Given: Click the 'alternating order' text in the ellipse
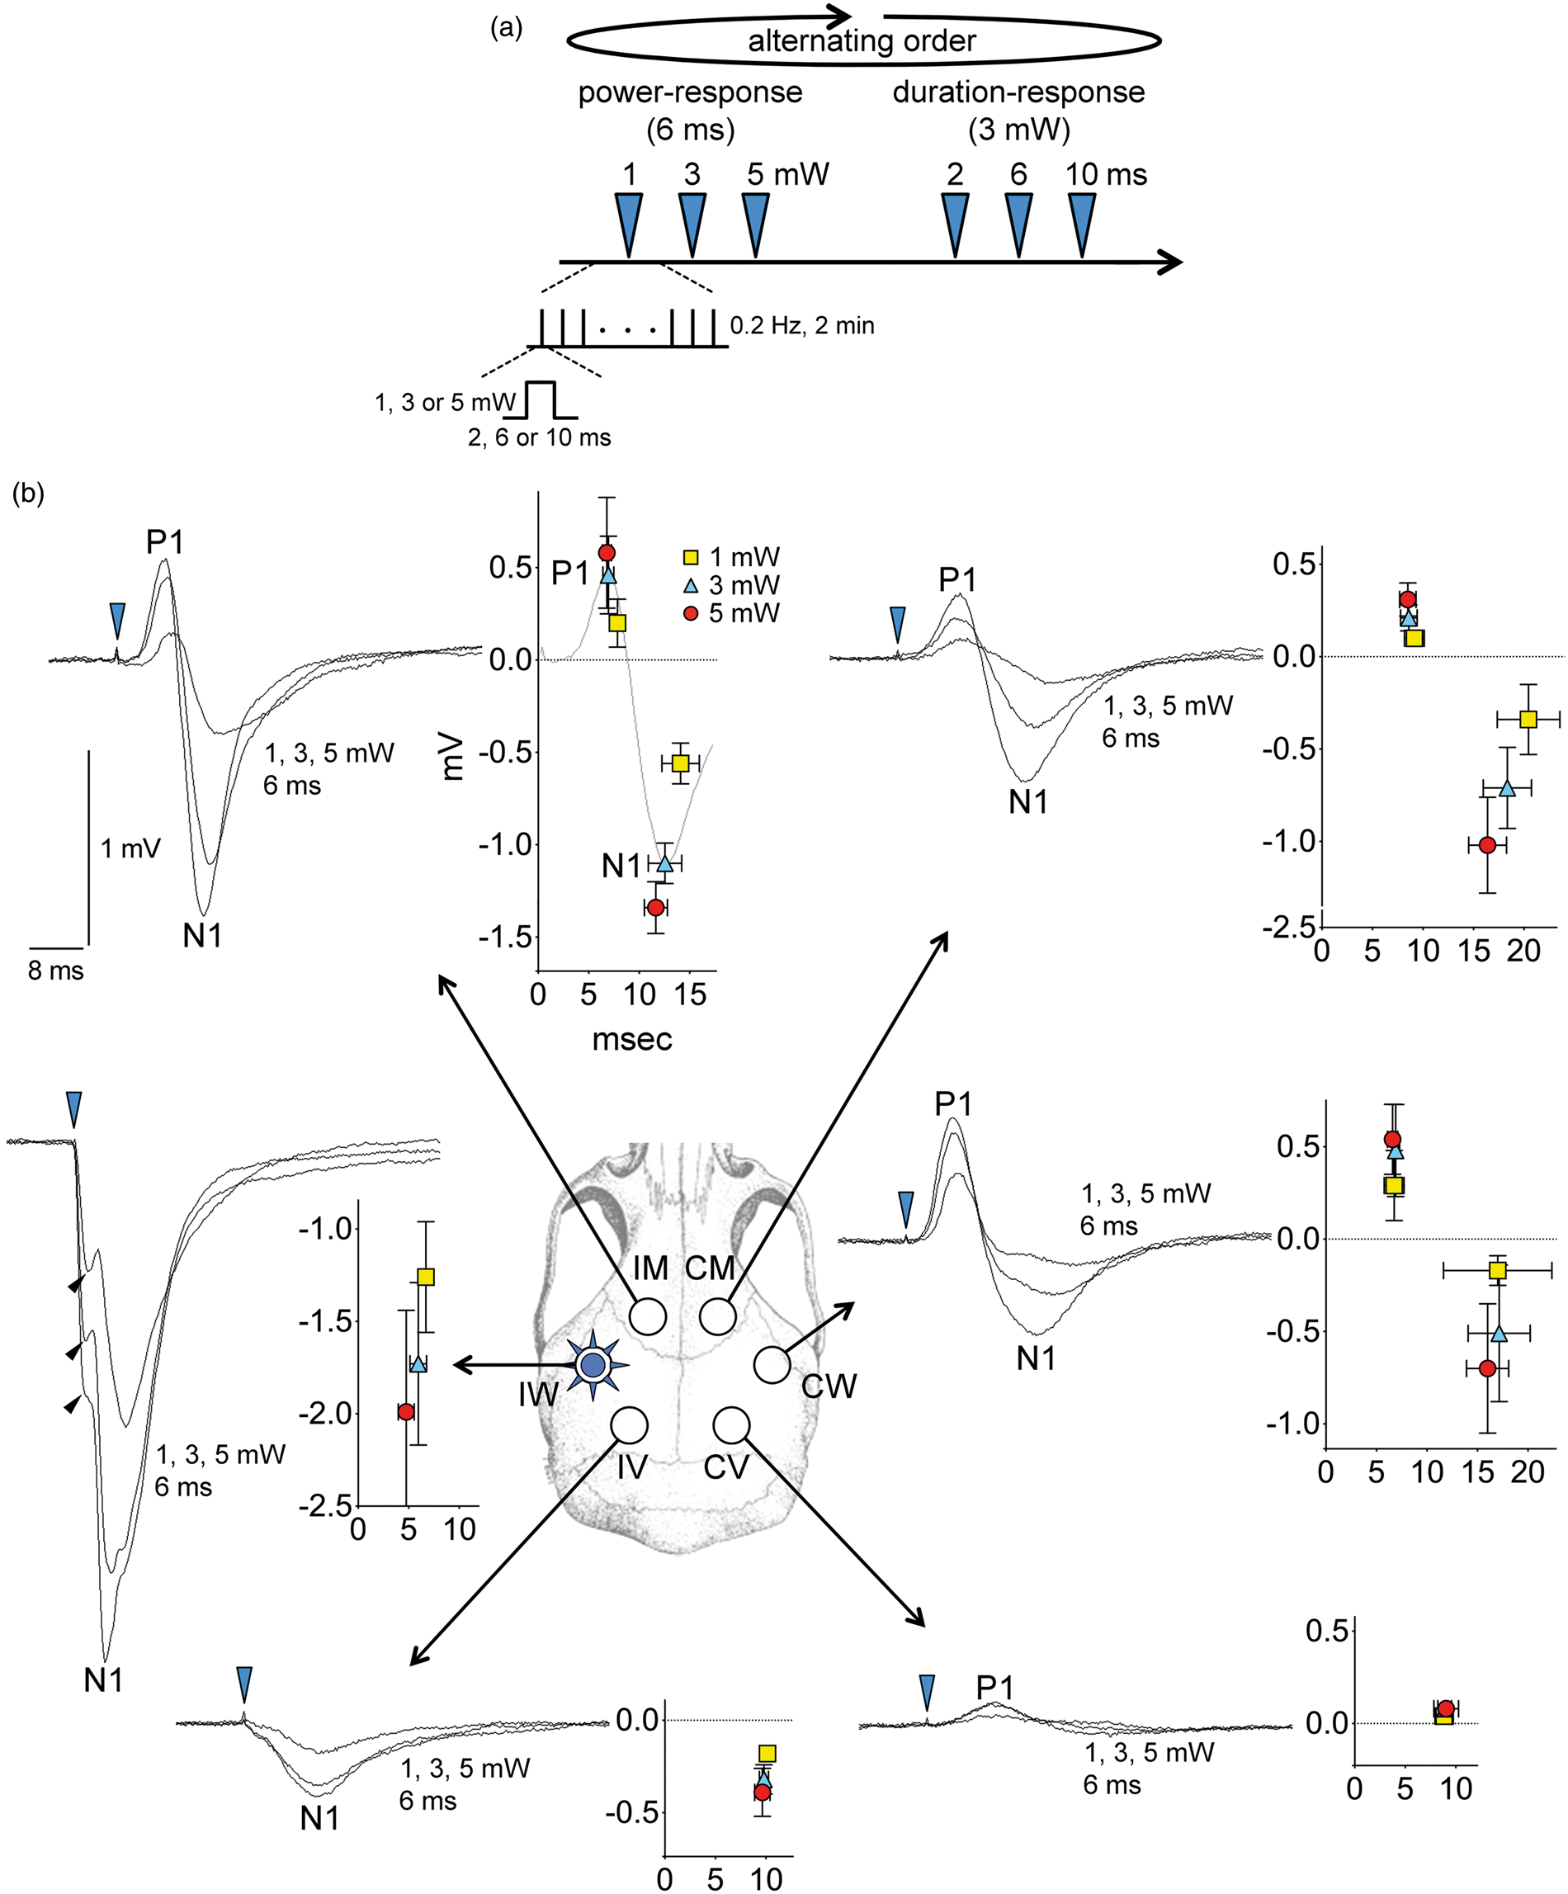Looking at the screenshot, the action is pos(862,41).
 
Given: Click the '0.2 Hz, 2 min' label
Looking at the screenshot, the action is pos(801,326).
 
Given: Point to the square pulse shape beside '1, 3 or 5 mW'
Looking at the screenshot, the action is pos(540,400).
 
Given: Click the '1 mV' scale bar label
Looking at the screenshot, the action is pos(130,848).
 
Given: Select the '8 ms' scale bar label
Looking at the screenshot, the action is pos(56,971).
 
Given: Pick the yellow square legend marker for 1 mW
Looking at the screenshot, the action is pos(691,557).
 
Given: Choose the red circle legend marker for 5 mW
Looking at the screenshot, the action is pos(691,614).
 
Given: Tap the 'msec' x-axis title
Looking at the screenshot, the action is pos(632,1039).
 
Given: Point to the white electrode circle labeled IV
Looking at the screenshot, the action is pos(630,1425).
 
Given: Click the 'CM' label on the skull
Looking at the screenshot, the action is pos(711,1268).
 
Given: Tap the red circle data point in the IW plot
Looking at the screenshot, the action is pos(406,1411).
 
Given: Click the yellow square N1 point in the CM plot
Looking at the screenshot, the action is pos(1528,719).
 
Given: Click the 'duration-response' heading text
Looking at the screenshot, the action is pos(1019,92).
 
